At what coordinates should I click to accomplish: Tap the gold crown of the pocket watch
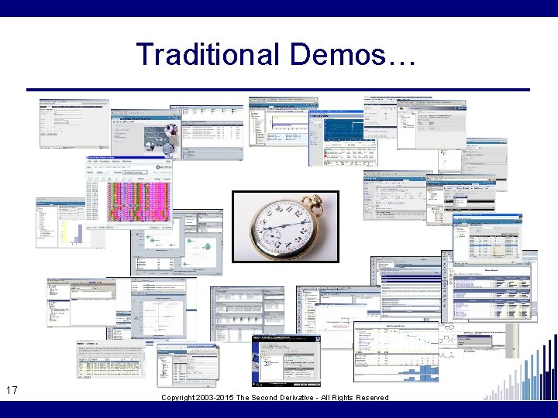pyautogui.click(x=318, y=204)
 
